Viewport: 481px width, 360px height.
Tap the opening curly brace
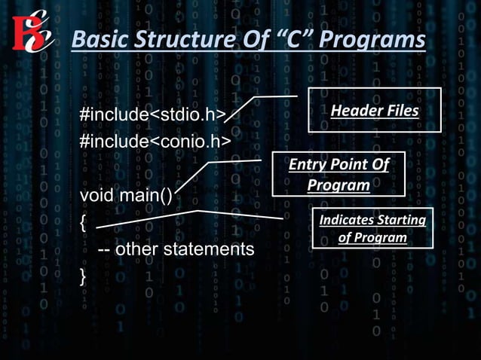84,222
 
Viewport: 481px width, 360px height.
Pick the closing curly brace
84,275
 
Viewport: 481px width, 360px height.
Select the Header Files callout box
374,110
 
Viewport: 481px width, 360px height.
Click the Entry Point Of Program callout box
338,175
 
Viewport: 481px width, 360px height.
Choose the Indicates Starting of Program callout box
372,228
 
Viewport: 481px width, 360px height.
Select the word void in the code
97,197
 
